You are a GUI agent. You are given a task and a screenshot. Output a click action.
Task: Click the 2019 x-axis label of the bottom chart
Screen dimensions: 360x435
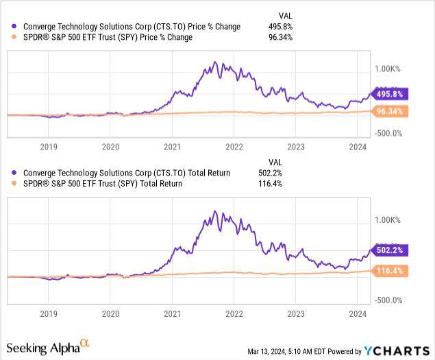[x=49, y=313]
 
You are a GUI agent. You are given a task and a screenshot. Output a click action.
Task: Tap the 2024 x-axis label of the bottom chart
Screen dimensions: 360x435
[x=358, y=313]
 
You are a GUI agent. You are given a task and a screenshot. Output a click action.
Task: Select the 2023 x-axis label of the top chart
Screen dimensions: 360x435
[x=296, y=146]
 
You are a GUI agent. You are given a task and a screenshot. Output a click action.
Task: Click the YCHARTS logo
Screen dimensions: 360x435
[x=395, y=351]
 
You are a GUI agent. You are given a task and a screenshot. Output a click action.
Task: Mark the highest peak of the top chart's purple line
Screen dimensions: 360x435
[x=215, y=62]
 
